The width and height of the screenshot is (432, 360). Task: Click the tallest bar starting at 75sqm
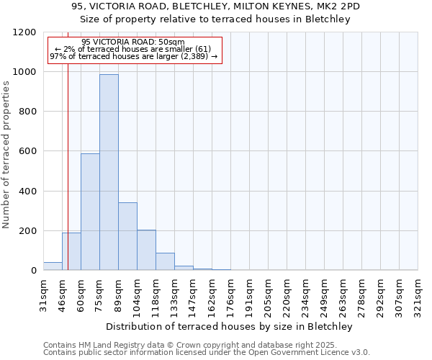click(109, 173)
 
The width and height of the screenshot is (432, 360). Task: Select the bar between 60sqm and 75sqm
click(90, 212)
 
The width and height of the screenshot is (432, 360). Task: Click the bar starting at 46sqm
click(71, 251)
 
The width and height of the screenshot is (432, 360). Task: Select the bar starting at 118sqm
click(165, 261)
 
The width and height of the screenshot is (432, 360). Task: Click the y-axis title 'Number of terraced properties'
click(6, 155)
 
